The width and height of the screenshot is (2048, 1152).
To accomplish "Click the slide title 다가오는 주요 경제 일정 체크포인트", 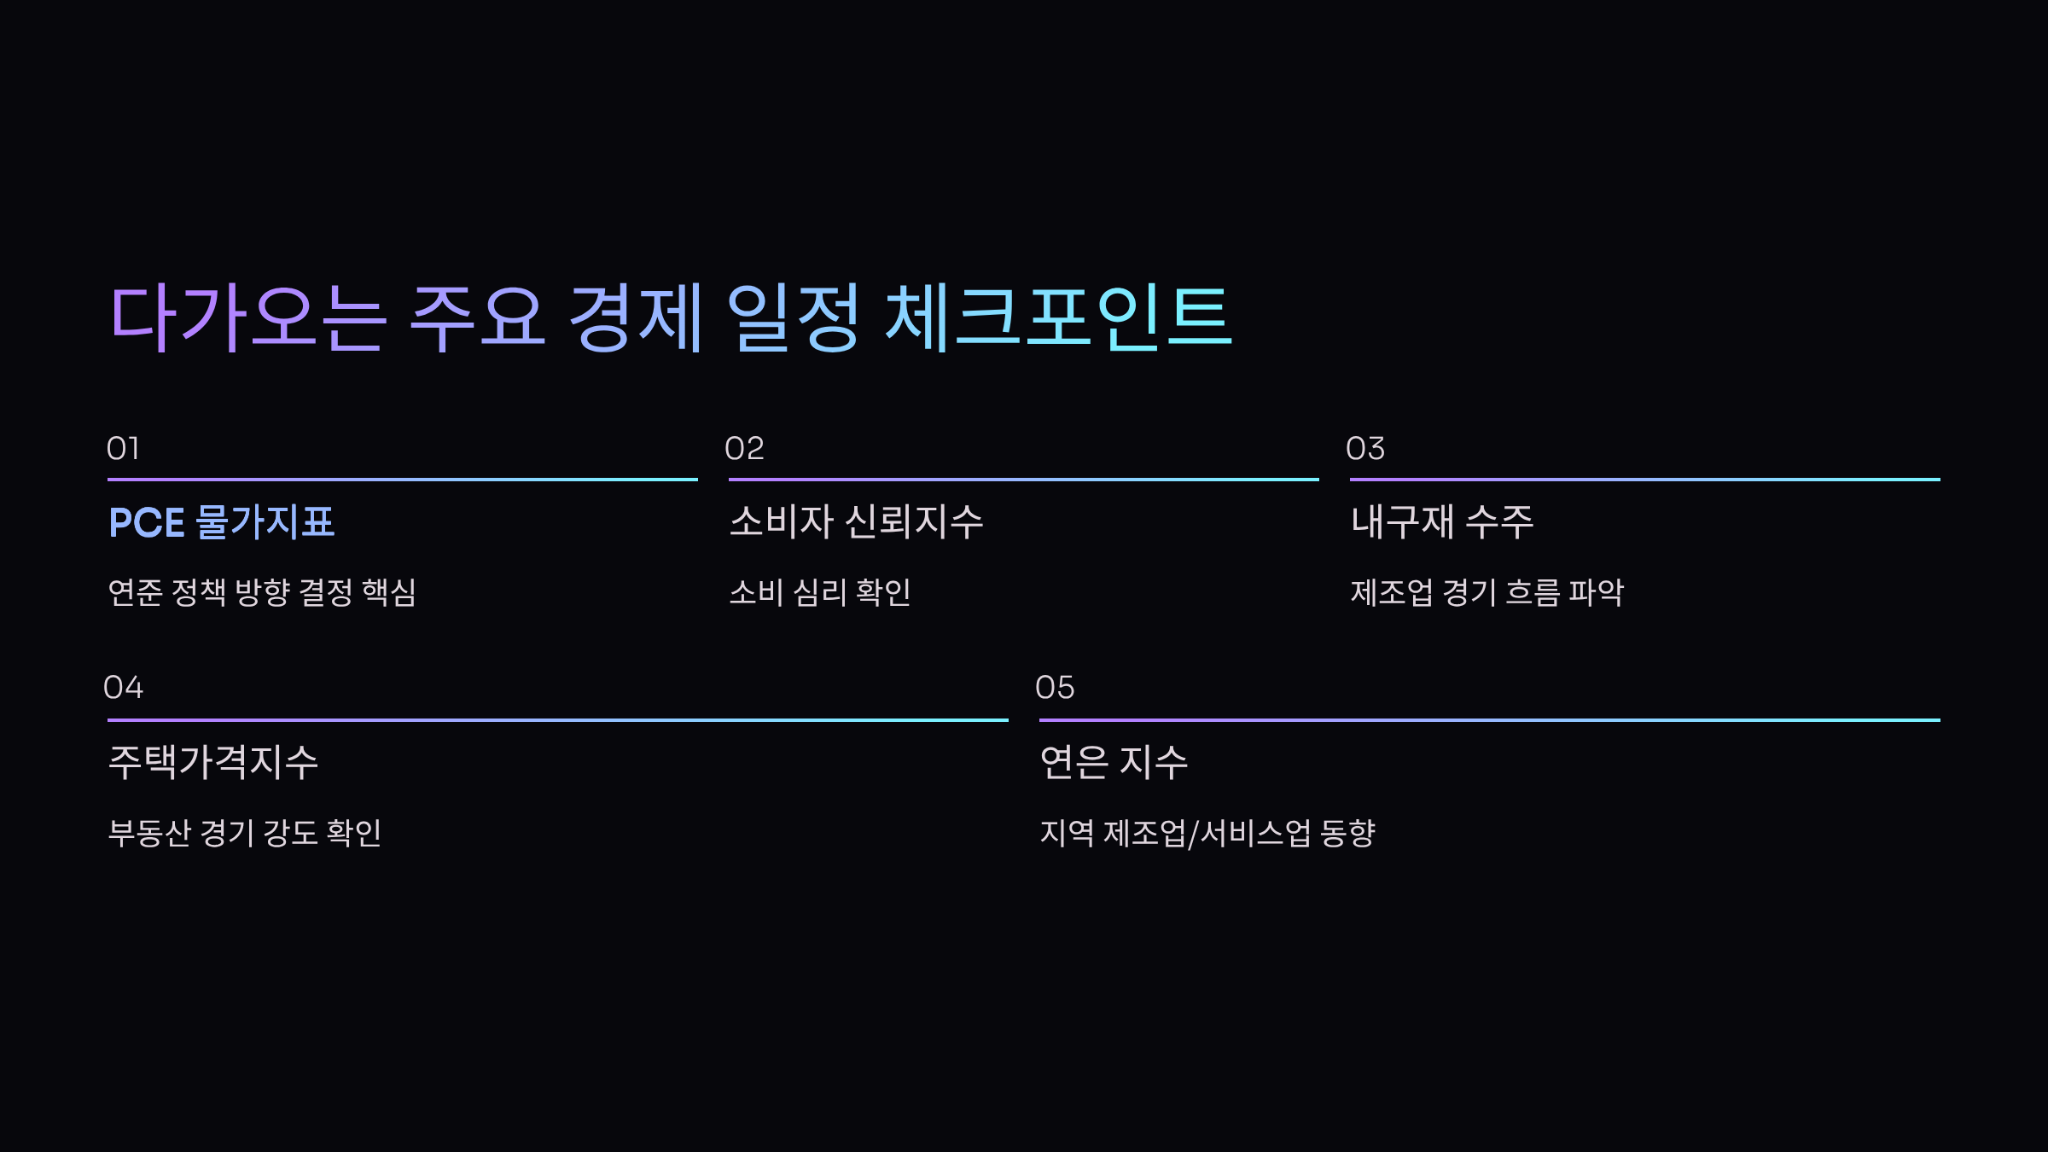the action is click(671, 317).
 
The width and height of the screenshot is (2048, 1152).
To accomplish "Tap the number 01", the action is click(123, 449).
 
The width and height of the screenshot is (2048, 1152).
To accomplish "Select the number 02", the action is click(744, 449).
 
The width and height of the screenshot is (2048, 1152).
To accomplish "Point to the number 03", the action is click(1365, 449).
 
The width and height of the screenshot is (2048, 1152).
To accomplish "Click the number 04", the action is click(123, 688).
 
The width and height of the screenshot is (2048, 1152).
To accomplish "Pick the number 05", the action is click(1055, 688).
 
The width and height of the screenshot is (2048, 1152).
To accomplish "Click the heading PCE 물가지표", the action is click(222, 522).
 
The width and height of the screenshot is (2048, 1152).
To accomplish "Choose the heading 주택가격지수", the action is click(213, 762).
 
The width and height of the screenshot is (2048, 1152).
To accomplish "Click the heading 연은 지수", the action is click(1114, 762).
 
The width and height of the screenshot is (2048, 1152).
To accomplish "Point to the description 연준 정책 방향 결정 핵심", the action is click(262, 592).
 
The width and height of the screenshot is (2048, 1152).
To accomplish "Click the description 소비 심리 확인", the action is click(820, 592).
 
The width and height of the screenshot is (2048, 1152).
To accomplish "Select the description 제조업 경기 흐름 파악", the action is click(1487, 592).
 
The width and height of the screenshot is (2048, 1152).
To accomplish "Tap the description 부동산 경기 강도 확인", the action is click(245, 833).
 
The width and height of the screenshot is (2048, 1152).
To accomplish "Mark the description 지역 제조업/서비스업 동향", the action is click(1207, 833).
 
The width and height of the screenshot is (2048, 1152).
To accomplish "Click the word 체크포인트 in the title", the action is click(1058, 317).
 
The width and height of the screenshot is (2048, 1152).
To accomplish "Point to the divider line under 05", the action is click(1489, 720).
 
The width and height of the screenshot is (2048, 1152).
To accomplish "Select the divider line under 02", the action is click(1023, 480).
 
